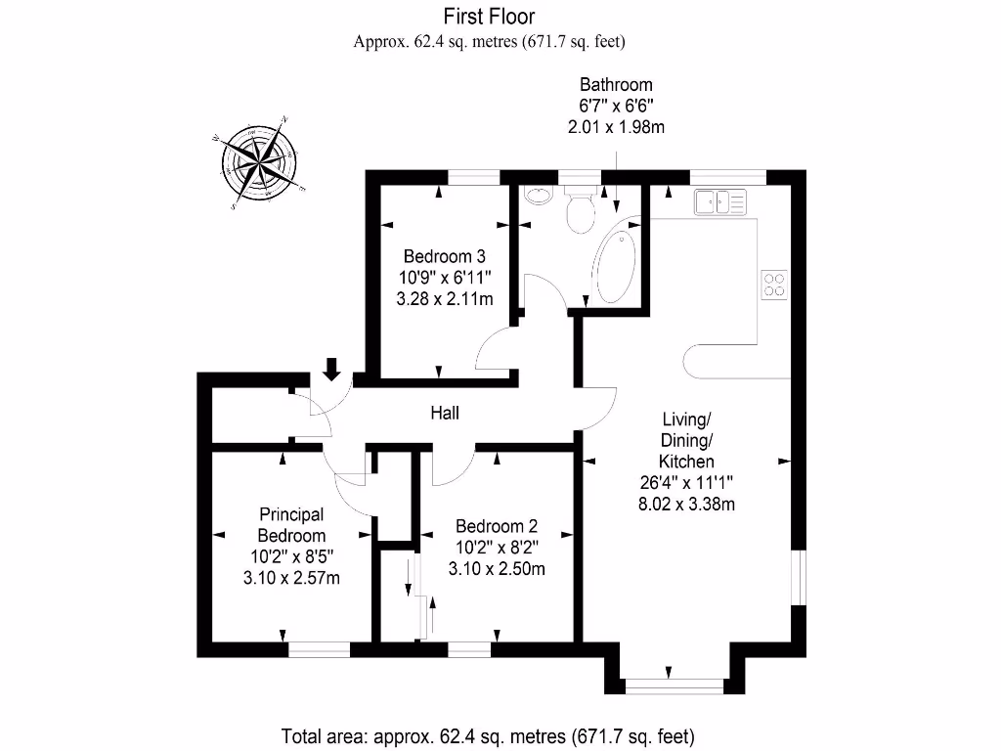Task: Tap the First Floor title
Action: [489, 16]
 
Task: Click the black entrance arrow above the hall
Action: [331, 369]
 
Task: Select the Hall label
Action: [445, 414]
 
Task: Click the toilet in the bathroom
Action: [579, 211]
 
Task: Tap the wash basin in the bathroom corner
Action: [537, 194]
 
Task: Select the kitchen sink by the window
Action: [720, 202]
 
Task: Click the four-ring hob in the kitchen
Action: [773, 284]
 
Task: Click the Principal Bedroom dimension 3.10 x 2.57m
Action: [291, 578]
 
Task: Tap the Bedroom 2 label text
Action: [496, 525]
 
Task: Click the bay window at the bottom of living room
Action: [674, 685]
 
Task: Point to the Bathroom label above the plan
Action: [616, 84]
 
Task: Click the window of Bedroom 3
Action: [474, 177]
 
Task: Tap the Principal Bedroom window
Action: [319, 648]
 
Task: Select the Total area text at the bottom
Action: [489, 735]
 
